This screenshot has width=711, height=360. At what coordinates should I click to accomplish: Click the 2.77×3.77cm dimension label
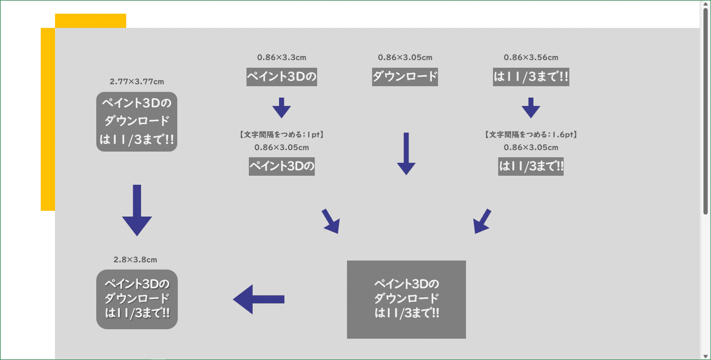(137, 81)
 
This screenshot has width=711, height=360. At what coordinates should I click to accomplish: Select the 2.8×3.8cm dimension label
(135, 259)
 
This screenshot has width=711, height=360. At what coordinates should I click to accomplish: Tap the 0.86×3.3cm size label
(281, 57)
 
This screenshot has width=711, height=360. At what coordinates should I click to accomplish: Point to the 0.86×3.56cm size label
(531, 57)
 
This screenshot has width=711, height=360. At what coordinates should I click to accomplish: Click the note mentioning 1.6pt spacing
(531, 135)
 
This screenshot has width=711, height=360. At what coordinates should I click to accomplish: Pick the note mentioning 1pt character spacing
(281, 135)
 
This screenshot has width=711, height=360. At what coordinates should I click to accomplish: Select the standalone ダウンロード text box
(405, 77)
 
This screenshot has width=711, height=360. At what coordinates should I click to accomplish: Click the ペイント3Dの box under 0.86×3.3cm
(281, 77)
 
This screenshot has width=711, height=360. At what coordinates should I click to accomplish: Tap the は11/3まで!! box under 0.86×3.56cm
(531, 77)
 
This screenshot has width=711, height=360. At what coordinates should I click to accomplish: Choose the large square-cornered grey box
(406, 299)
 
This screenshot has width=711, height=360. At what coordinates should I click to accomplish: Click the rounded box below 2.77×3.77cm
(137, 121)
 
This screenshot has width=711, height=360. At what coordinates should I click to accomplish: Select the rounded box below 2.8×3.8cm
(137, 299)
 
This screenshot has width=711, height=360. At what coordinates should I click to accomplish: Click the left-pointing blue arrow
(258, 299)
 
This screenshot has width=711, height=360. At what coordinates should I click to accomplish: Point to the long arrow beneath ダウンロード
(406, 153)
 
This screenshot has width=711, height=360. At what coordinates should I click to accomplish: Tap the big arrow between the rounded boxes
(137, 210)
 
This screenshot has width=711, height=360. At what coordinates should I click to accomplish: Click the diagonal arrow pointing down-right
(331, 221)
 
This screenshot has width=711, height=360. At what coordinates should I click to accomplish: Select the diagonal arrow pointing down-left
(482, 221)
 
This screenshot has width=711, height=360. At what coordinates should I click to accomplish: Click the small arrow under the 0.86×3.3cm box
(281, 108)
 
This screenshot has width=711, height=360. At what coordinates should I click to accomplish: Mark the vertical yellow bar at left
(47, 118)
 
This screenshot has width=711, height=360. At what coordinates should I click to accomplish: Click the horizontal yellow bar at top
(90, 20)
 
